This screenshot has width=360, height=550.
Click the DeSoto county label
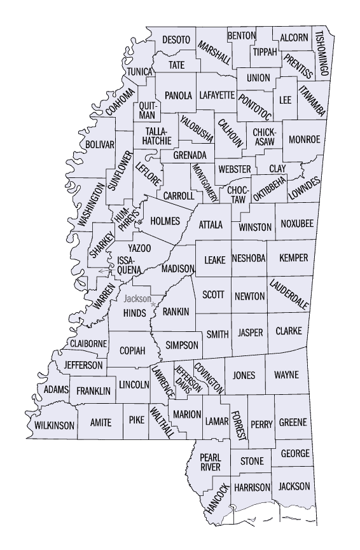[x=176, y=40]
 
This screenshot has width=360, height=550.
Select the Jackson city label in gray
[x=137, y=299]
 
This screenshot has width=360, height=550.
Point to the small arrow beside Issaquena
[x=104, y=272]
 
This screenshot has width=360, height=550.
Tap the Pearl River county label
[x=210, y=462]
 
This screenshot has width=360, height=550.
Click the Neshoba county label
[x=249, y=258]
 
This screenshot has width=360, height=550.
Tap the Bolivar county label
[x=100, y=144]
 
